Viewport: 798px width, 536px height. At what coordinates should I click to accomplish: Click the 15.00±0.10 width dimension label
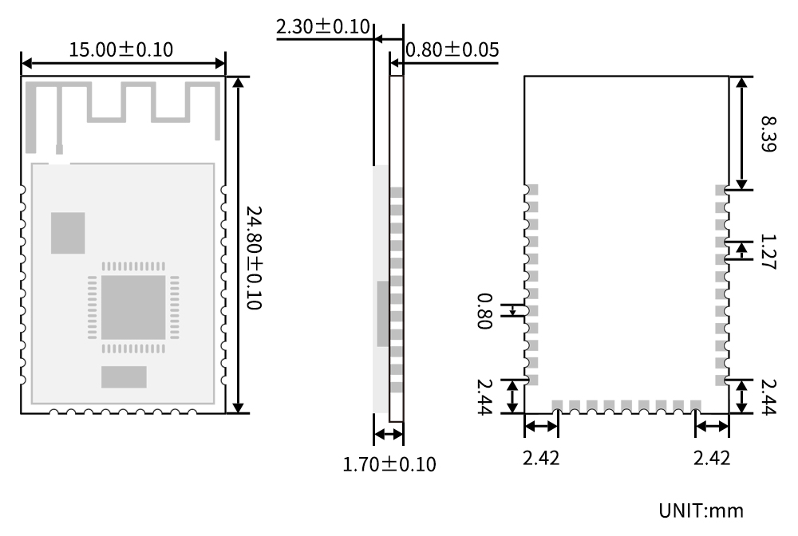120,49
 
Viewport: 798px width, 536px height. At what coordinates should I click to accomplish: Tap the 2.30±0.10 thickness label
322,27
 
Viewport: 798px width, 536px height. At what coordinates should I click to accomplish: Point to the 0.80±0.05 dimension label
452,50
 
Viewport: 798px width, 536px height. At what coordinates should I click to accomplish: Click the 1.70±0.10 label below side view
389,463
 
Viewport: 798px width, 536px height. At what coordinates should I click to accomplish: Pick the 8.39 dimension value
767,133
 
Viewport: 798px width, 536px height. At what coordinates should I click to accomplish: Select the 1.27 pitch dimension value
767,253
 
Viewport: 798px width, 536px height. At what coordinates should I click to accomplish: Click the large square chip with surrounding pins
132,306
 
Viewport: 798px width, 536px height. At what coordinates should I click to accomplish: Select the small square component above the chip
68,233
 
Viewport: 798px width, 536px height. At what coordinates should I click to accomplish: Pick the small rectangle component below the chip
124,376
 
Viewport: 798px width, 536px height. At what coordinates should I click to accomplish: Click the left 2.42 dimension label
541,459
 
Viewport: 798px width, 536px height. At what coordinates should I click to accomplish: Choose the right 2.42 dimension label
712,459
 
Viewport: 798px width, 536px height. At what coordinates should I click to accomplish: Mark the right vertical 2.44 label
768,396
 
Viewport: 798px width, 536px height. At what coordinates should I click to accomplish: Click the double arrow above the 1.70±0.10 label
389,435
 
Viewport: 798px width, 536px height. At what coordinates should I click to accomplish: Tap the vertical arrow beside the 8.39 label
743,133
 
